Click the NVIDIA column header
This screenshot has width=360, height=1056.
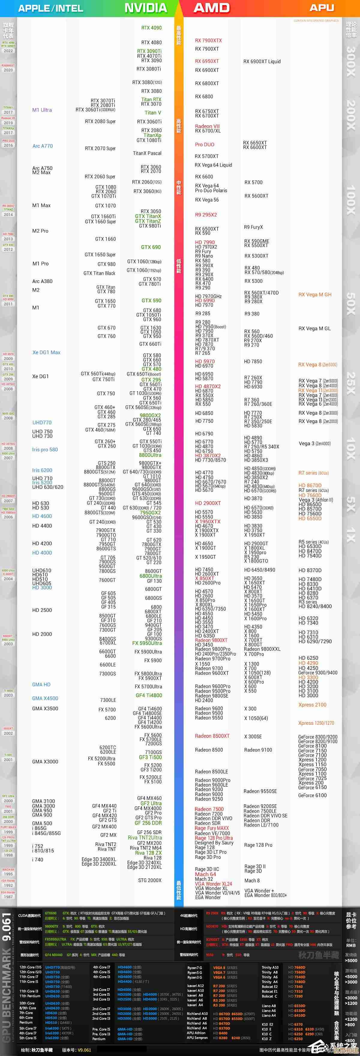pyautogui.click(x=145, y=8)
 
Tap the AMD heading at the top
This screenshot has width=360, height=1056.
pyautogui.click(x=211, y=8)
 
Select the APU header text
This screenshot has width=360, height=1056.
pyautogui.click(x=322, y=8)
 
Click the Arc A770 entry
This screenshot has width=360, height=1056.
pyautogui.click(x=43, y=146)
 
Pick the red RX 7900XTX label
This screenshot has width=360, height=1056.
pyautogui.click(x=208, y=40)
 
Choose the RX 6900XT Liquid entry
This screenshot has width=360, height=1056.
pyautogui.click(x=262, y=61)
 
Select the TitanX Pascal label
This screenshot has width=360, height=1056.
pyautogui.click(x=147, y=153)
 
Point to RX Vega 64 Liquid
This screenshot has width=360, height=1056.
pyautogui.click(x=213, y=165)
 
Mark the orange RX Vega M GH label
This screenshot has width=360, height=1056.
pyautogui.click(x=315, y=294)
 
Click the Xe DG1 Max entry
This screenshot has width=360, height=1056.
pyautogui.click(x=46, y=352)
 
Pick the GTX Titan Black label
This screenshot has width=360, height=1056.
pyautogui.click(x=99, y=273)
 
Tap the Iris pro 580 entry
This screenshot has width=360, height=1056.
pyautogui.click(x=45, y=449)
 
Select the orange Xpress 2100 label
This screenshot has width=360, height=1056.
pyautogui.click(x=312, y=705)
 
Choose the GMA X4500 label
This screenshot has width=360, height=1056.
pyautogui.click(x=45, y=698)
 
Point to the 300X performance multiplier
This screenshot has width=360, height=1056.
pyautogui.click(x=351, y=61)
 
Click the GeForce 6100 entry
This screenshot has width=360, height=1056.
pyautogui.click(x=312, y=795)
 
